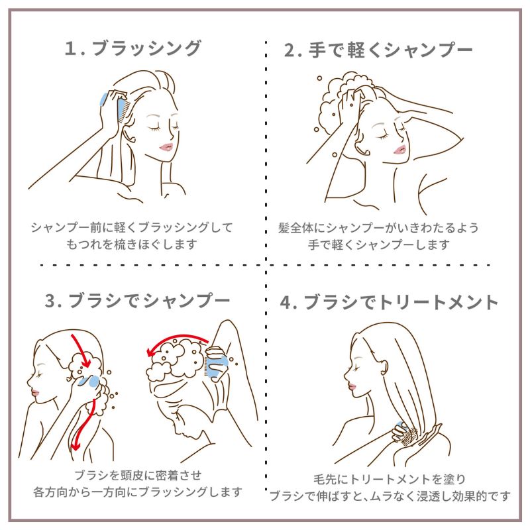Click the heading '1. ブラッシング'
point(133,48)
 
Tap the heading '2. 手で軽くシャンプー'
point(378,50)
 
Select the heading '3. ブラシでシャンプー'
point(138,301)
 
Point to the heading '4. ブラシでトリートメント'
point(389,302)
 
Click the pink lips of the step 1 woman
point(166,147)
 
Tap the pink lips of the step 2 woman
point(400,149)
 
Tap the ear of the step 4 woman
point(384,366)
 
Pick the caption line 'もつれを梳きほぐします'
point(131,244)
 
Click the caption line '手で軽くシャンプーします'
point(379,244)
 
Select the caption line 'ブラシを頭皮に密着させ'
point(138,475)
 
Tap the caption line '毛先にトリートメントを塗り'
point(390,478)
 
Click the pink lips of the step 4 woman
point(352,387)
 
